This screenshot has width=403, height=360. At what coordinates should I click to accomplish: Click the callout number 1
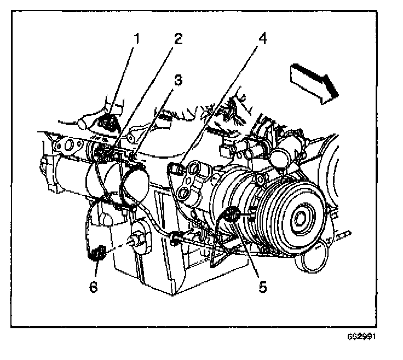(137, 39)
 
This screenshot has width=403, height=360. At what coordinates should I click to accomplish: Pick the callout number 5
(263, 286)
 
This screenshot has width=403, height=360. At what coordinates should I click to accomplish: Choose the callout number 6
(94, 286)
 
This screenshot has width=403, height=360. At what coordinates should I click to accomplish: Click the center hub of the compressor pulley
(300, 219)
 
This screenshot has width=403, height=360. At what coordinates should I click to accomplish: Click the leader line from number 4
(219, 104)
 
